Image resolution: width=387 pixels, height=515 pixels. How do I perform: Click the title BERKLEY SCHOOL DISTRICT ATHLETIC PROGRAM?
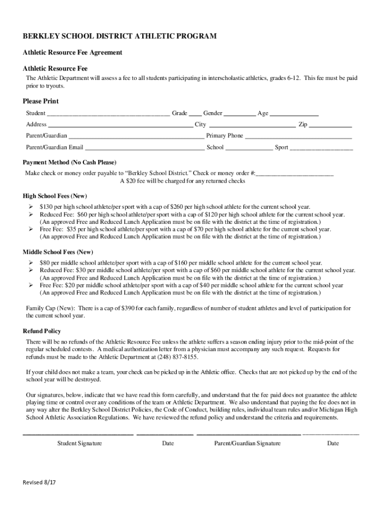(x=120, y=36)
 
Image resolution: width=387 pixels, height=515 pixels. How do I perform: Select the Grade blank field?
(x=195, y=114)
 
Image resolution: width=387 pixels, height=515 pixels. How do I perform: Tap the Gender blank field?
(x=240, y=114)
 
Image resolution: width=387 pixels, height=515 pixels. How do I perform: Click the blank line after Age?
(x=295, y=114)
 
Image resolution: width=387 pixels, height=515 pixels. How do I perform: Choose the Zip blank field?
(x=330, y=125)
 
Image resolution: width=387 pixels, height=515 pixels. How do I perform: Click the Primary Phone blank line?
(x=299, y=136)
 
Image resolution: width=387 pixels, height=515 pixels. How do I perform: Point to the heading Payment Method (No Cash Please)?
(x=69, y=162)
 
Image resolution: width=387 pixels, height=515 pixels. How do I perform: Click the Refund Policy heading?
(x=42, y=331)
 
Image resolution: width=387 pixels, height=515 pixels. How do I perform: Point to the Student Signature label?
(x=79, y=443)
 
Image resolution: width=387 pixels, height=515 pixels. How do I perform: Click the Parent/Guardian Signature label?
(x=247, y=443)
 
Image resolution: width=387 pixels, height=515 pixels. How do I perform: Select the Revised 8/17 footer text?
(x=39, y=482)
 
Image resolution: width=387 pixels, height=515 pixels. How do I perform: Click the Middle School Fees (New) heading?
(x=58, y=252)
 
